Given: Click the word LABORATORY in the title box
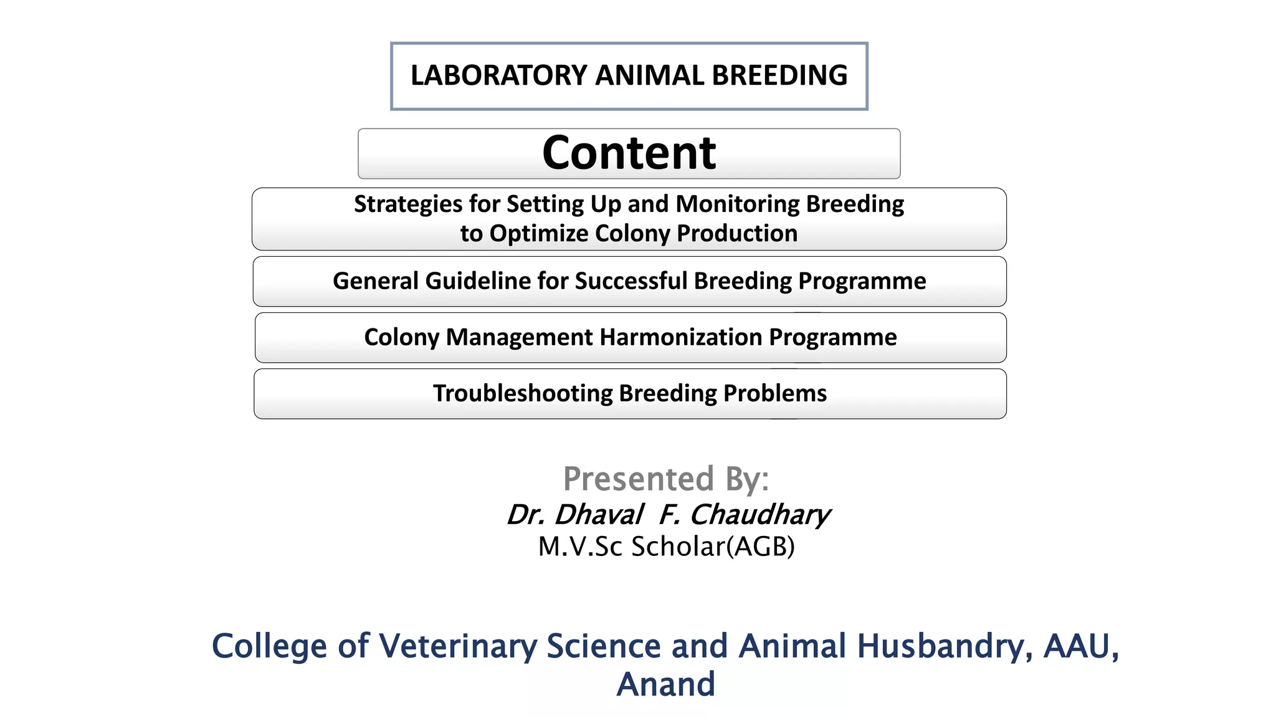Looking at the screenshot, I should coord(498,75).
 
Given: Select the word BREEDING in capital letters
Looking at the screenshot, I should coord(779,75).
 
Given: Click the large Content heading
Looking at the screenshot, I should coord(629,153).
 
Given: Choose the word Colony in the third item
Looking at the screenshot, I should coord(402,337).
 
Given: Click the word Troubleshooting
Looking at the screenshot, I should coord(523,394).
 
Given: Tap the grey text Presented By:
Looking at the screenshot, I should coord(665,479).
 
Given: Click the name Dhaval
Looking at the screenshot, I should coord(598,515).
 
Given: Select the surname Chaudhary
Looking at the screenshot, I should coord(759,515).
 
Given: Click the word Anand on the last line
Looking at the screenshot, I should coord(665,684).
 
